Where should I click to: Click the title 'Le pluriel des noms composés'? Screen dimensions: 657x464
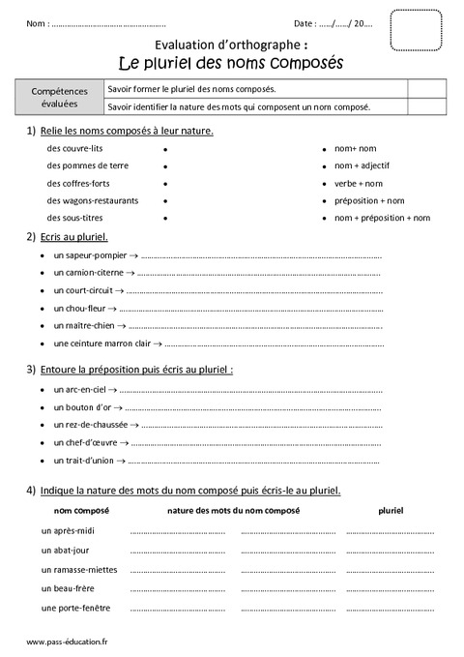230,63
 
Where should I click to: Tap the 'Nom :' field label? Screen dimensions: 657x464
37,23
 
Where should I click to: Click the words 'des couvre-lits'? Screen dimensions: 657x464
75,149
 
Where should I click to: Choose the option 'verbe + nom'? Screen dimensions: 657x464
359,184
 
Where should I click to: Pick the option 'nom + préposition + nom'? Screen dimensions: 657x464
382,218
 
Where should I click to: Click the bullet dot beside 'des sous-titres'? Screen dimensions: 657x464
165,219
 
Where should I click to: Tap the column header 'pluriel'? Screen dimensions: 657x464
391,510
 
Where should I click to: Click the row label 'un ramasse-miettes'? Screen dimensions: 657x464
80,569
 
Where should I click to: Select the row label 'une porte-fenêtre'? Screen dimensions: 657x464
76,608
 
